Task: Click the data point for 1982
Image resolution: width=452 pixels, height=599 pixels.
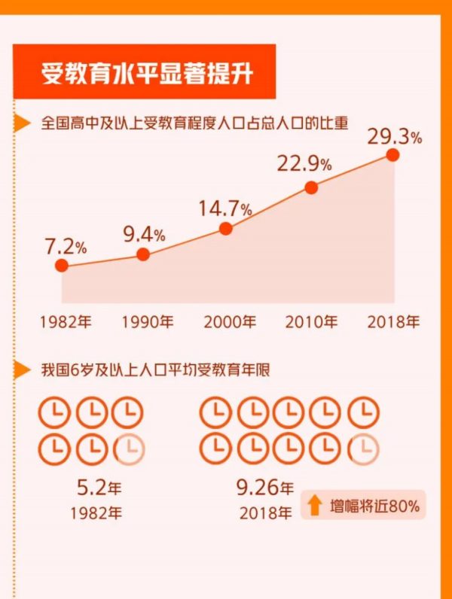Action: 62,265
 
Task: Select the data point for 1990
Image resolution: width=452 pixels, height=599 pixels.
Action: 143,254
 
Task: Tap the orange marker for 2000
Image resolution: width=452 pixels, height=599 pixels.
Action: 225,229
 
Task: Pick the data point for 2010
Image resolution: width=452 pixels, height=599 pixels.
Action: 311,187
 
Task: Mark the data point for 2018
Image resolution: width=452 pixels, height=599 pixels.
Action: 392,154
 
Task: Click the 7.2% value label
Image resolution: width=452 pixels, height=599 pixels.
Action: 66,245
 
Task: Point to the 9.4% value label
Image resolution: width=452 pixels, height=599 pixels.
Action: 144,234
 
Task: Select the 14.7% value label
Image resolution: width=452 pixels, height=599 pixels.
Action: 225,208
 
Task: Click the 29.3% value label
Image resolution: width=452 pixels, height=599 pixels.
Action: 394,136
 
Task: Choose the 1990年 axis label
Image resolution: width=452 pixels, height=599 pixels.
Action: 148,322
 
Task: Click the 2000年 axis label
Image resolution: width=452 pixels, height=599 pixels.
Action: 230,322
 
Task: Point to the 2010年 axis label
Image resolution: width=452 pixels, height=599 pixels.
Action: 311,322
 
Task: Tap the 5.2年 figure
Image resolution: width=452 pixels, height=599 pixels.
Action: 99,488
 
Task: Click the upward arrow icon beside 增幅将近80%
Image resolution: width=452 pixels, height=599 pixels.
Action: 314,505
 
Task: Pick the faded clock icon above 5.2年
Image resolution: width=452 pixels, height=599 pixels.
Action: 127,450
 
